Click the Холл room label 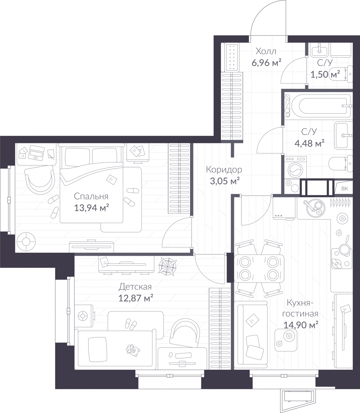coord(266,51)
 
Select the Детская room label coord(135,287)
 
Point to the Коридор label coord(224,170)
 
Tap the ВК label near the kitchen coord(345,188)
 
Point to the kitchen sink coord(314,208)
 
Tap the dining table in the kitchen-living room coord(259,268)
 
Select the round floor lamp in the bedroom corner coord(26,241)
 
